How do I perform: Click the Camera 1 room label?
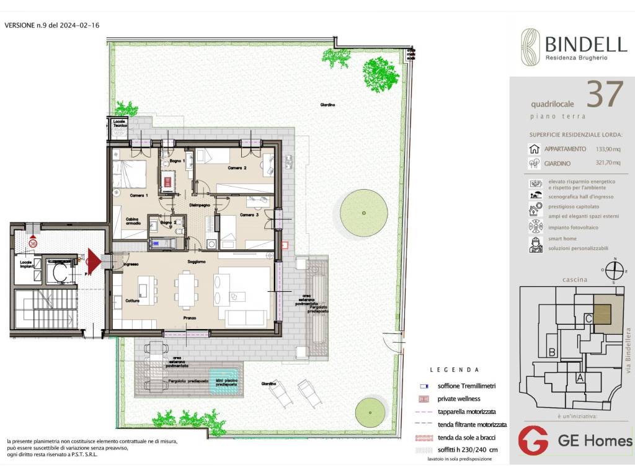[139, 195]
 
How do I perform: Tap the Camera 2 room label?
[237, 168]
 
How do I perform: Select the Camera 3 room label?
[249, 214]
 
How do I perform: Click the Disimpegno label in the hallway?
[199, 204]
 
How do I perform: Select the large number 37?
[604, 95]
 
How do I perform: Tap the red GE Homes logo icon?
[533, 440]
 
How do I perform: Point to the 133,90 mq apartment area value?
[608, 149]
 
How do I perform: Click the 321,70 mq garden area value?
[608, 164]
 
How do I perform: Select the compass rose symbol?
[614, 271]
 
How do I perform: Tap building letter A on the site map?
[579, 376]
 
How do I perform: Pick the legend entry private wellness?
[460, 399]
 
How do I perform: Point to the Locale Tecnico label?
[120, 123]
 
